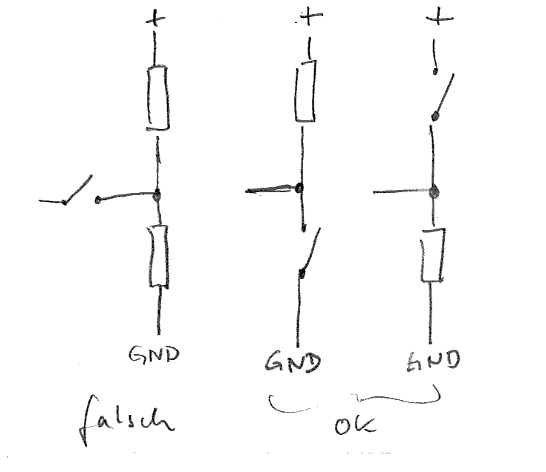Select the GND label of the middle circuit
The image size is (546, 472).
pos(293,362)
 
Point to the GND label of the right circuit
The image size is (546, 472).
pos(432,361)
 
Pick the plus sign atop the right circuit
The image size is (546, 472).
pos(442,17)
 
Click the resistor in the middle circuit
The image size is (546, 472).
pos(305,92)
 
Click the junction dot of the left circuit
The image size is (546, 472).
pos(157,196)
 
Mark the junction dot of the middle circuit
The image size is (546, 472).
pos(299,189)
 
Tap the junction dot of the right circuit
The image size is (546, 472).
pos(435,193)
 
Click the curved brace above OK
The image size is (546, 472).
pos(354,401)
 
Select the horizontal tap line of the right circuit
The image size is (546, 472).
pos(401,192)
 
